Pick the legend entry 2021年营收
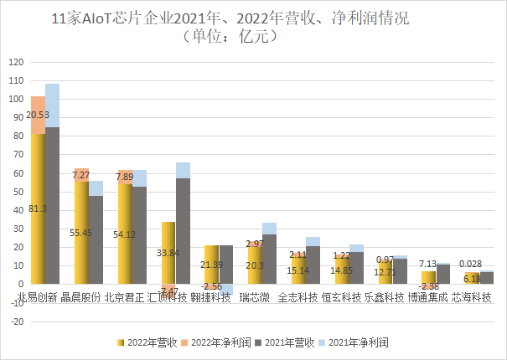pyautogui.click(x=290, y=342)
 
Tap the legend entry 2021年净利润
pyautogui.click(x=359, y=342)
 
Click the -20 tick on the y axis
pyautogui.click(x=15, y=321)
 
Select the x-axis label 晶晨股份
pyautogui.click(x=81, y=296)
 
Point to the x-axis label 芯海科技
pyautogui.click(x=473, y=296)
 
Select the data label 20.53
pyautogui.click(x=38, y=115)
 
